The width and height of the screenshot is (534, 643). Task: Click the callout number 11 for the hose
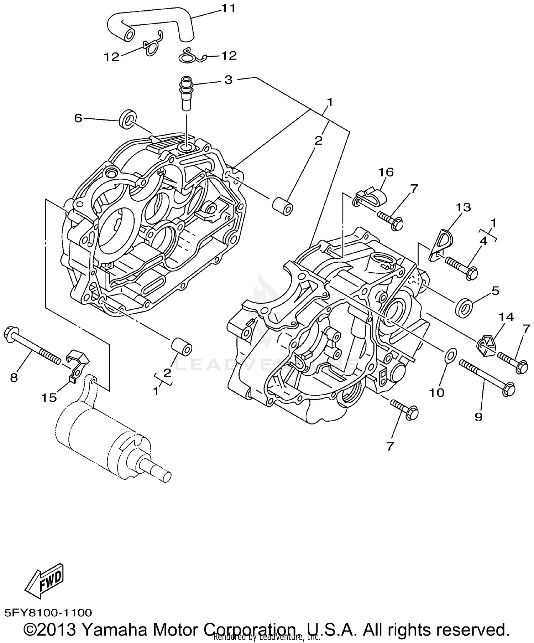229,8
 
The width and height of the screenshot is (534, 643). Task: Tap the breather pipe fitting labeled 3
186,93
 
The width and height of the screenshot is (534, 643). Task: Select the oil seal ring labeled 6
127,119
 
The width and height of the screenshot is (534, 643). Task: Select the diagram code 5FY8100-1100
48,612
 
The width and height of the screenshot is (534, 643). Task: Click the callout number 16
386,173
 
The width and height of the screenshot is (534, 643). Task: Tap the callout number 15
49,397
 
